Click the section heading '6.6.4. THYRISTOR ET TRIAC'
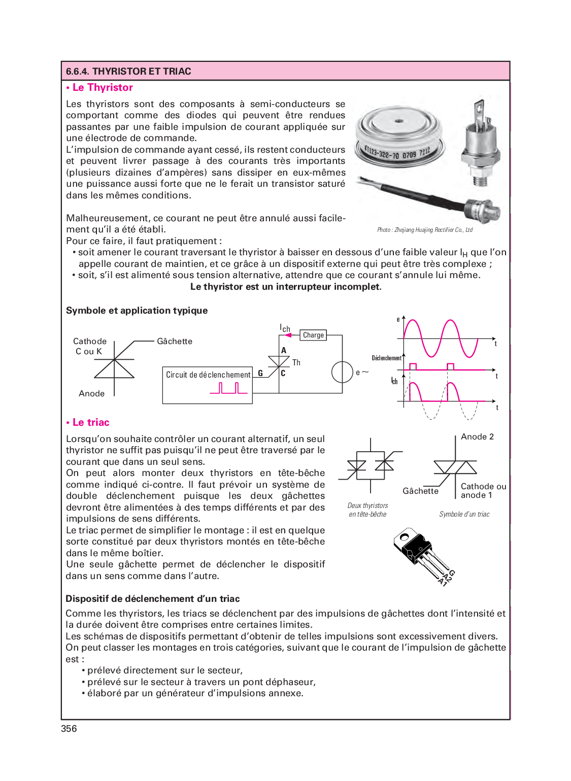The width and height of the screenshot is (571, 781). point(128,71)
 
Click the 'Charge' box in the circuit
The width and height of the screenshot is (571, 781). point(313,335)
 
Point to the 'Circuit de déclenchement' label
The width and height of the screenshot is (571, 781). point(208,375)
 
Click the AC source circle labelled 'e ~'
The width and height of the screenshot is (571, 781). point(342,372)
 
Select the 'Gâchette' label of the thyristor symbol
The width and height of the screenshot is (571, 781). point(175,341)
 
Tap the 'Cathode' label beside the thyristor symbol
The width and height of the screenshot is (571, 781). point(90,341)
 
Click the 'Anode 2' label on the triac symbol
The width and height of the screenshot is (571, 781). point(477,436)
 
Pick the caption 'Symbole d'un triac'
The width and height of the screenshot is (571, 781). point(464,514)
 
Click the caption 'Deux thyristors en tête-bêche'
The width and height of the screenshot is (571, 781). point(367,510)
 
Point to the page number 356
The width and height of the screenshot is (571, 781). point(69,728)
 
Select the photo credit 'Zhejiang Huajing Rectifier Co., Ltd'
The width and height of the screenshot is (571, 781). point(425,230)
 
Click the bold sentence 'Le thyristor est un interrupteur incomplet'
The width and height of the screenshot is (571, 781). point(286,287)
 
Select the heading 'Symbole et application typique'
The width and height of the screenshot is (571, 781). point(137,311)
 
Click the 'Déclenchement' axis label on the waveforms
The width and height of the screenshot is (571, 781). point(386,358)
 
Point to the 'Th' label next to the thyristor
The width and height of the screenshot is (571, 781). point(296,362)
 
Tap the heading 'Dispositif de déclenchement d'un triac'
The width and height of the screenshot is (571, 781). point(153,598)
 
